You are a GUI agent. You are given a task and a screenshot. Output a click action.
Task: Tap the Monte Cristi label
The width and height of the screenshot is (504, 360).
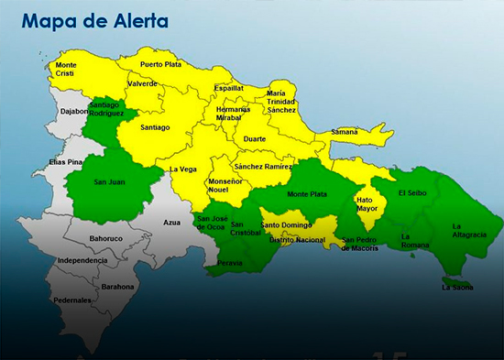[66, 70]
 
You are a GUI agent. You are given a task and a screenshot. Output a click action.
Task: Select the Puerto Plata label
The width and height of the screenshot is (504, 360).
[159, 64]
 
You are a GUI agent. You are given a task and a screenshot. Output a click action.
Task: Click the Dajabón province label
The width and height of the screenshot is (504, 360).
[74, 112]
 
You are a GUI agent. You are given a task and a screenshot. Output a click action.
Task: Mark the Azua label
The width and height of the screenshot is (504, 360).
[172, 223]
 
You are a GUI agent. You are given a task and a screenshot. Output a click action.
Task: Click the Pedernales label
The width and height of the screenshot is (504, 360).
[71, 300]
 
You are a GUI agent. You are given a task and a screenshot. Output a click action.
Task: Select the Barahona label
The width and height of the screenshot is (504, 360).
[118, 286]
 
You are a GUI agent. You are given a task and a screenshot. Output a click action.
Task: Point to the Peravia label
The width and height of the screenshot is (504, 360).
[230, 264]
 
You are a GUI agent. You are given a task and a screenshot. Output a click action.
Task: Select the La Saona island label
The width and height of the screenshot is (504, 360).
[457, 287]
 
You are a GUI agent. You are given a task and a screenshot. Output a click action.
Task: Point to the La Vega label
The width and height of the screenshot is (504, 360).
[184, 169]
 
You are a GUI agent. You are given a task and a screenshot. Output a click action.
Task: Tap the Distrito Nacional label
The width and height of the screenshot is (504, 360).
[297, 240]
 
